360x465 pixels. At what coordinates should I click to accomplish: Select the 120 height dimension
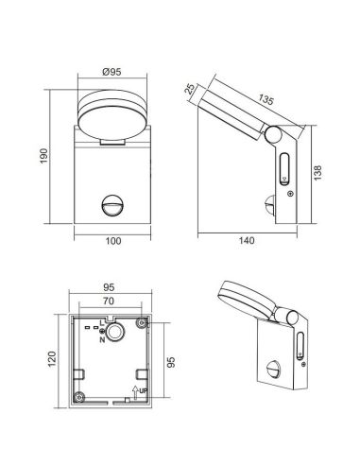tap(52, 360)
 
